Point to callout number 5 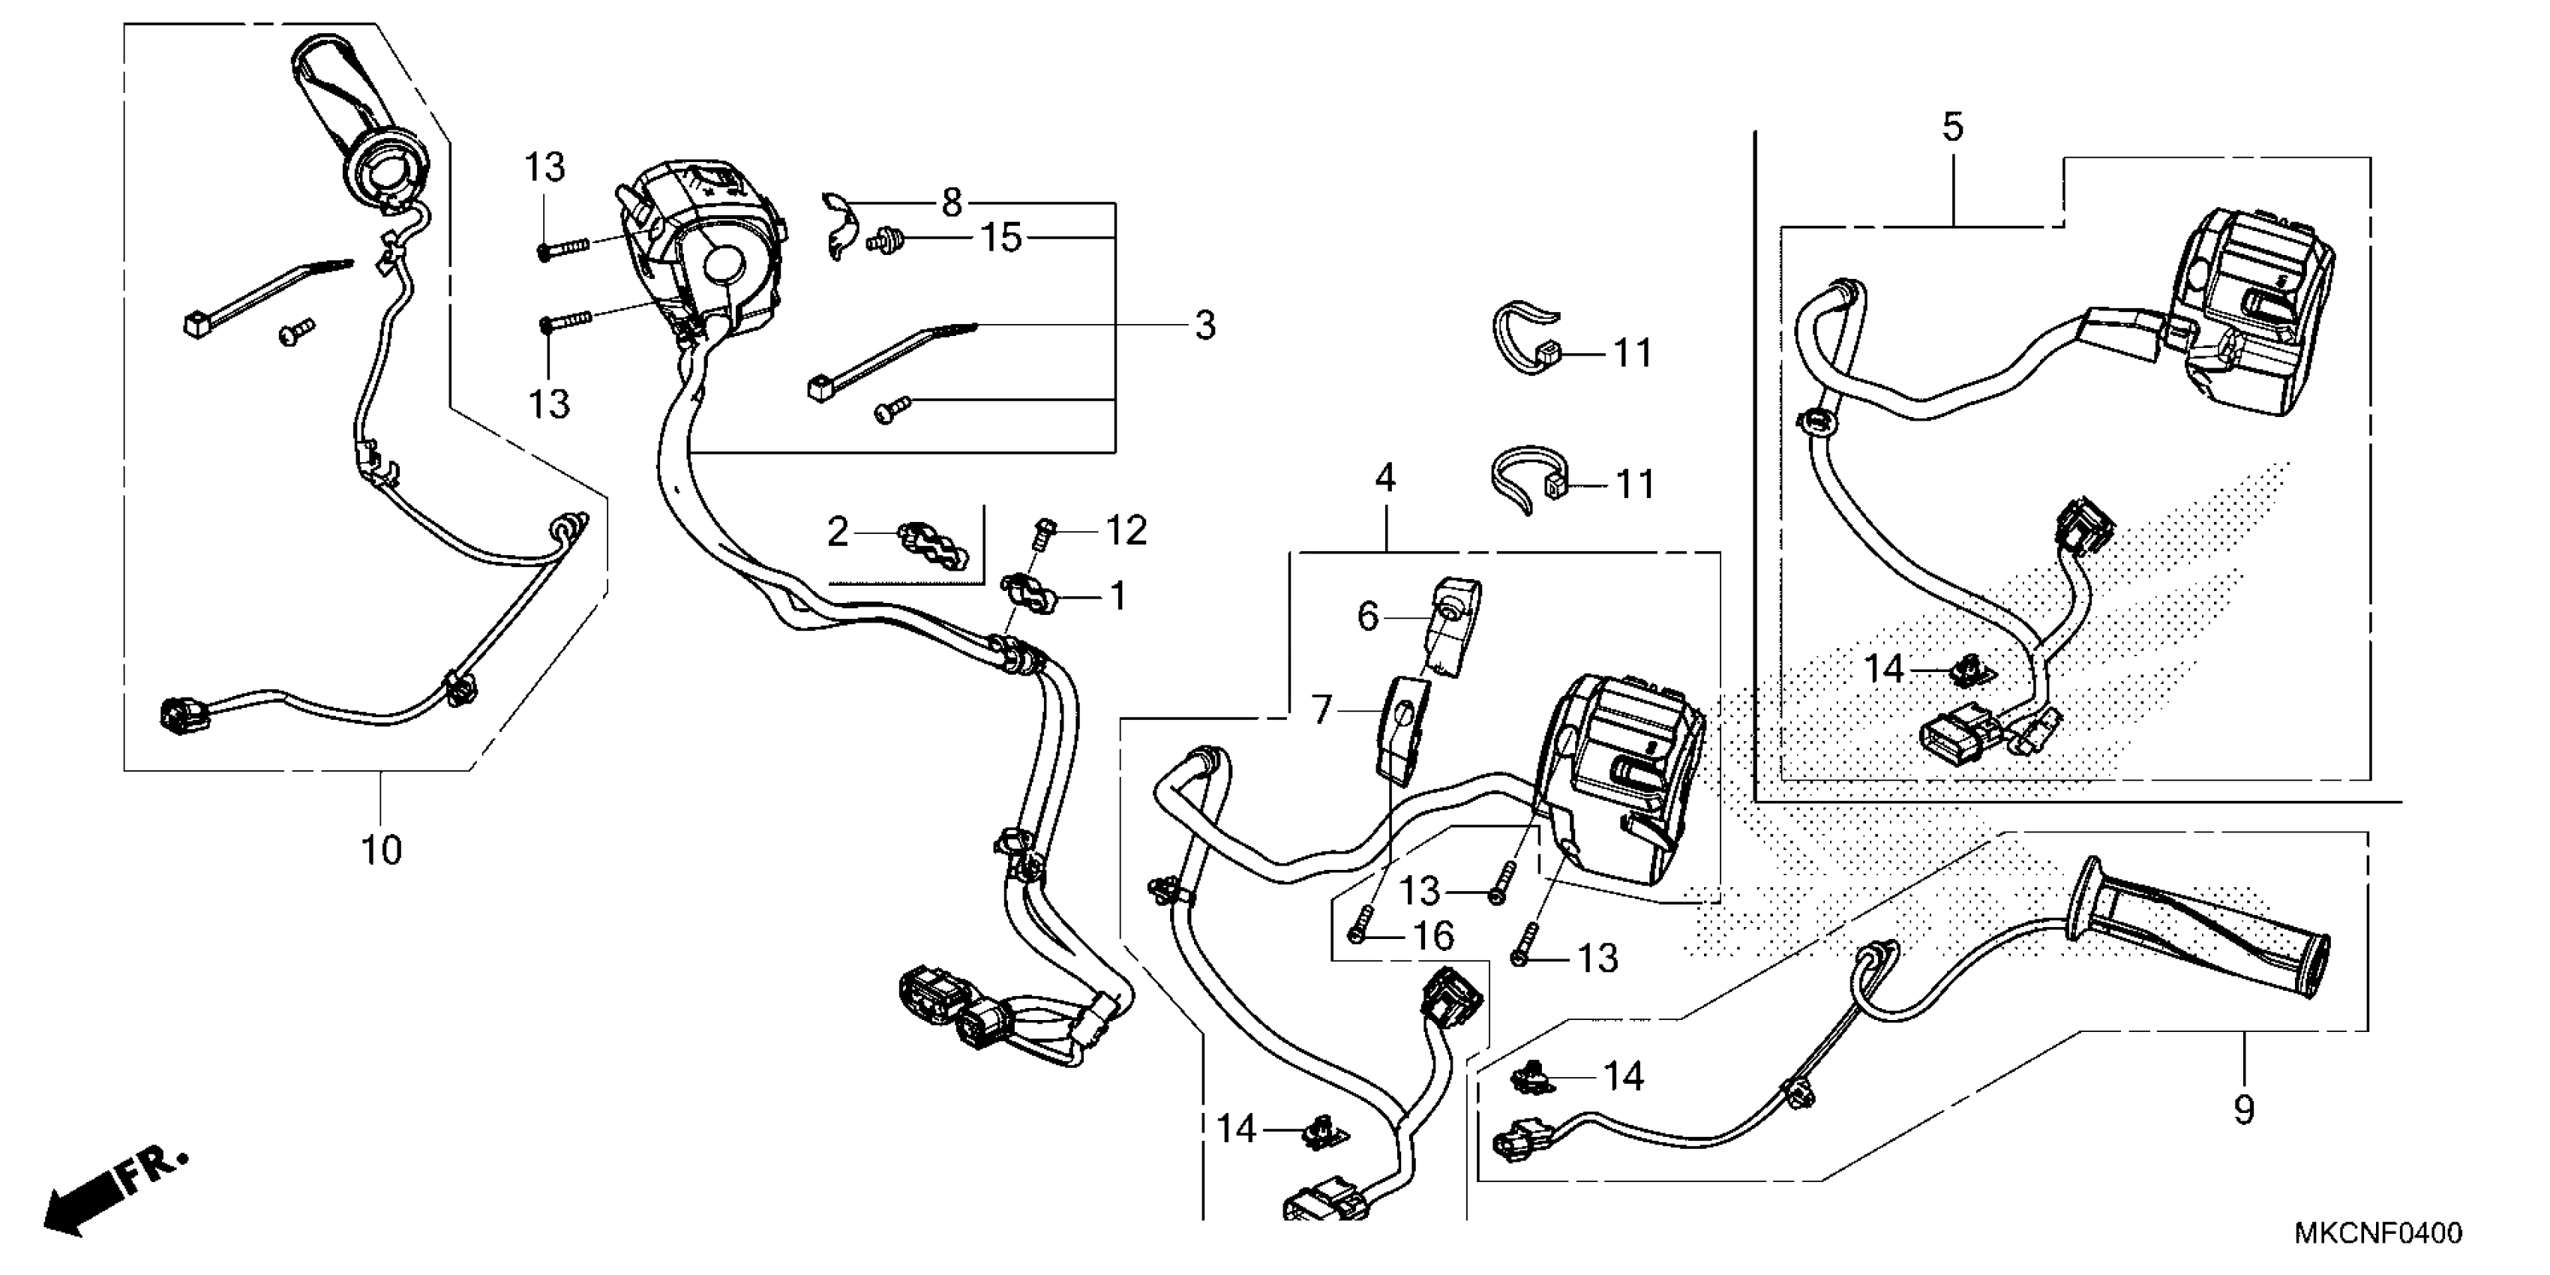coord(1952,127)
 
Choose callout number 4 coord(1385,478)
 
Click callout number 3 coord(1204,325)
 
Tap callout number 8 coord(951,203)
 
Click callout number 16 coord(1433,935)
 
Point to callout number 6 coord(1368,616)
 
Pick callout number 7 coord(1322,709)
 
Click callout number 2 coord(838,533)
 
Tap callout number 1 coord(1117,597)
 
